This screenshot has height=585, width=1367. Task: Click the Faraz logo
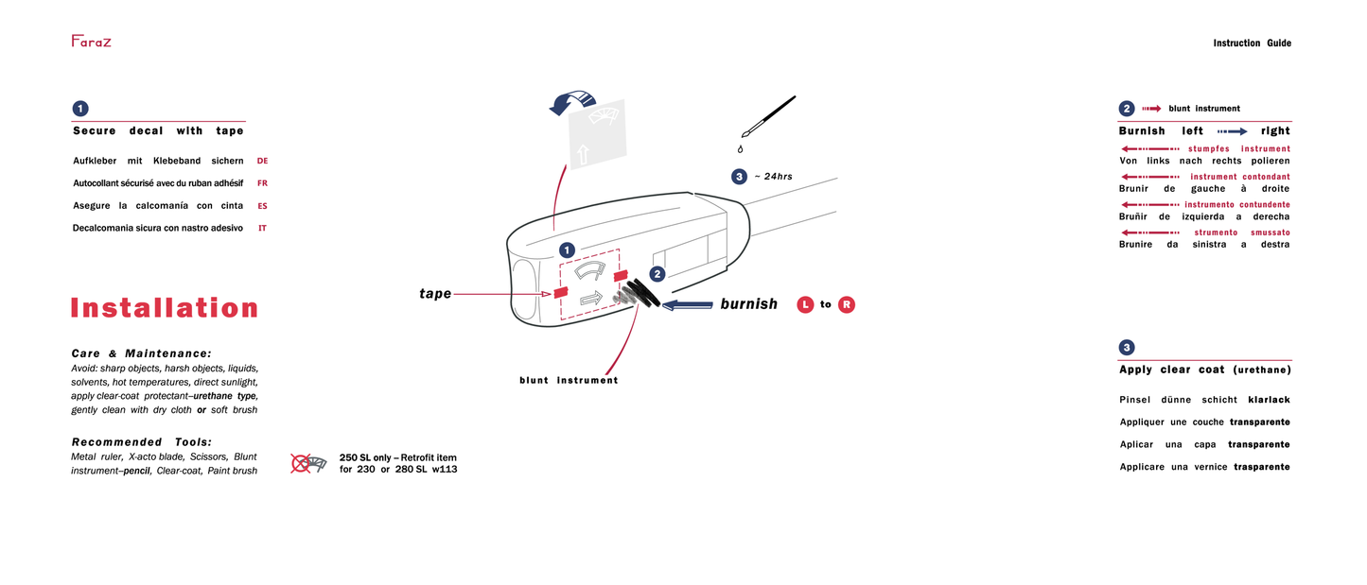pos(91,41)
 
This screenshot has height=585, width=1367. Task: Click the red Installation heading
pos(164,308)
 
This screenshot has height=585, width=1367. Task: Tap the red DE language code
pos(262,161)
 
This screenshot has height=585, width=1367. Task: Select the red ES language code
pos(262,205)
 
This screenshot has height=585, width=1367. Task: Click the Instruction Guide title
pos(1252,43)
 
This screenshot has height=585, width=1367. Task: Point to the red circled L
pos(805,304)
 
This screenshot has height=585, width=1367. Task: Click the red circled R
pos(847,304)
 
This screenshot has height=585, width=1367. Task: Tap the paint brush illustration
pos(767,117)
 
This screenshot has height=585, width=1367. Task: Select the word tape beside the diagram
pos(435,294)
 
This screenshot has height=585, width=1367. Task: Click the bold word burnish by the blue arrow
pos(748,304)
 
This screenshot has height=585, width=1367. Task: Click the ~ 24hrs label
pos(773,177)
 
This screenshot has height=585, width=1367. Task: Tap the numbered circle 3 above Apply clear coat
pos(1127,347)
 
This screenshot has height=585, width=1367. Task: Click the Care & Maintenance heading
pos(141,353)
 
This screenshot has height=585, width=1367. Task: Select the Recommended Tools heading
pos(141,442)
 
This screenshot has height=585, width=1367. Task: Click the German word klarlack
pos(1269,400)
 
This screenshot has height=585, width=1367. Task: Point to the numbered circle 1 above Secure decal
pos(80,109)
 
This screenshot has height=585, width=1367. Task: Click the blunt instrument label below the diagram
pos(569,380)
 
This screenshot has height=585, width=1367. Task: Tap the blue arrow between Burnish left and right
pos(1232,131)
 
